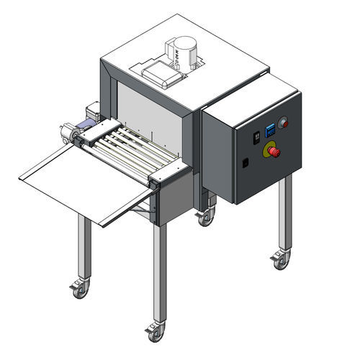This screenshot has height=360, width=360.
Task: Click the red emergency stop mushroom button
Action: (271, 150)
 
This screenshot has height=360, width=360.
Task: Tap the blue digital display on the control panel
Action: (269, 131)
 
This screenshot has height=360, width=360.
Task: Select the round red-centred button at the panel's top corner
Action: (283, 122)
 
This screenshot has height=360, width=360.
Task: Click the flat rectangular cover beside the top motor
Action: (158, 72)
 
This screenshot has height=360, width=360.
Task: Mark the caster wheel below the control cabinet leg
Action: (280, 258)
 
